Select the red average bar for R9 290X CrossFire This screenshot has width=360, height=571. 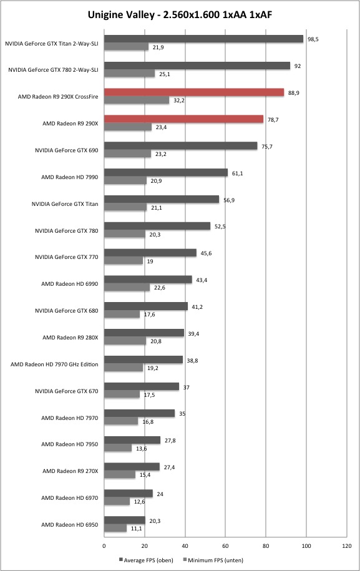tap(194, 92)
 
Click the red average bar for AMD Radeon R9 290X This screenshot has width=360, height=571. tap(184, 119)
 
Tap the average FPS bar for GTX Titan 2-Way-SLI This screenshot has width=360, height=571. tap(204, 39)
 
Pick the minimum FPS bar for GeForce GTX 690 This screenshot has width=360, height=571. tap(127, 154)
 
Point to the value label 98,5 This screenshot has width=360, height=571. tap(313, 39)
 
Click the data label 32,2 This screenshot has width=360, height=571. tap(178, 100)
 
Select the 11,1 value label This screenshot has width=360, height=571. tap(136, 529)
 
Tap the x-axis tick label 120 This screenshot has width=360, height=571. tap(347, 546)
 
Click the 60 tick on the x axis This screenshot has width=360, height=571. tap(225, 546)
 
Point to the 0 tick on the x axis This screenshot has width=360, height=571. tap(104, 546)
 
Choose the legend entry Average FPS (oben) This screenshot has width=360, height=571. tap(146, 560)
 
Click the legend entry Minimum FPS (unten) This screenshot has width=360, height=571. tap(213, 560)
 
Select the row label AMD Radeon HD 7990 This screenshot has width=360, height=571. tap(69, 177)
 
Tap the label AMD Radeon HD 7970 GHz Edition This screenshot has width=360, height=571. tap(54, 364)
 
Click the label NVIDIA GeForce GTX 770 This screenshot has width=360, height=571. tap(67, 257)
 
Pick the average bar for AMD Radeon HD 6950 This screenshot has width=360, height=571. tap(125, 520)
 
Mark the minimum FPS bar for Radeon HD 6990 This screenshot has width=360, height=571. tap(127, 287)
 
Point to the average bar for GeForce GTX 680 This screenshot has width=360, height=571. tap(146, 306)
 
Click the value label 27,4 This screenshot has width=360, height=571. tap(169, 467)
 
